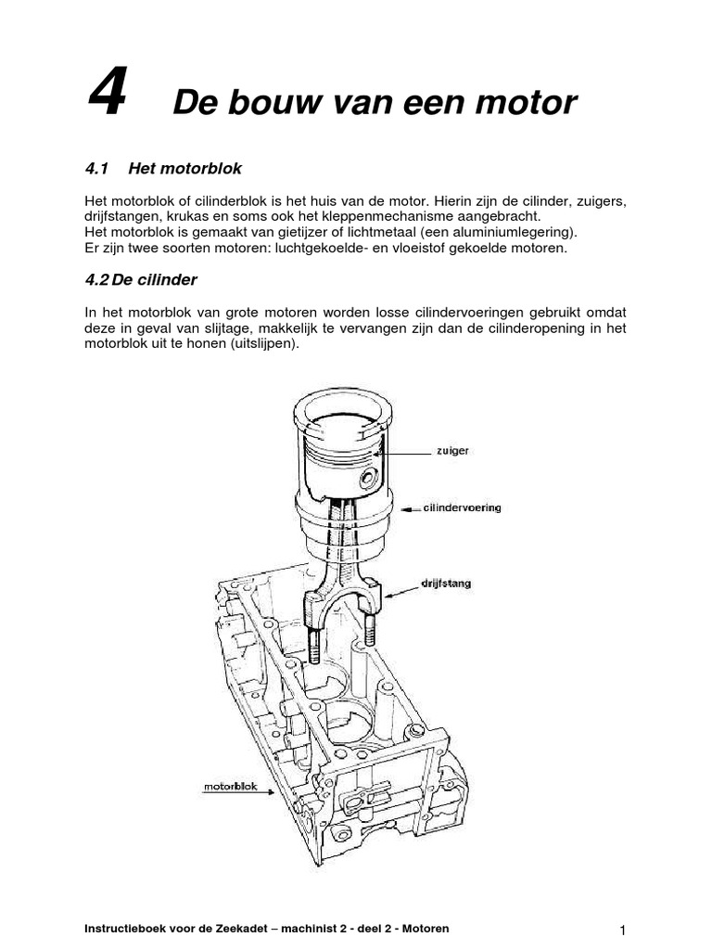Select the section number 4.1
click(x=97, y=168)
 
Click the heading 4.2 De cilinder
click(x=141, y=279)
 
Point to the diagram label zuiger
click(x=453, y=450)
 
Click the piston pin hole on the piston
click(x=370, y=480)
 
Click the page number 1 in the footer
click(x=624, y=931)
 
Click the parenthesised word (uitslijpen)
click(x=267, y=343)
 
